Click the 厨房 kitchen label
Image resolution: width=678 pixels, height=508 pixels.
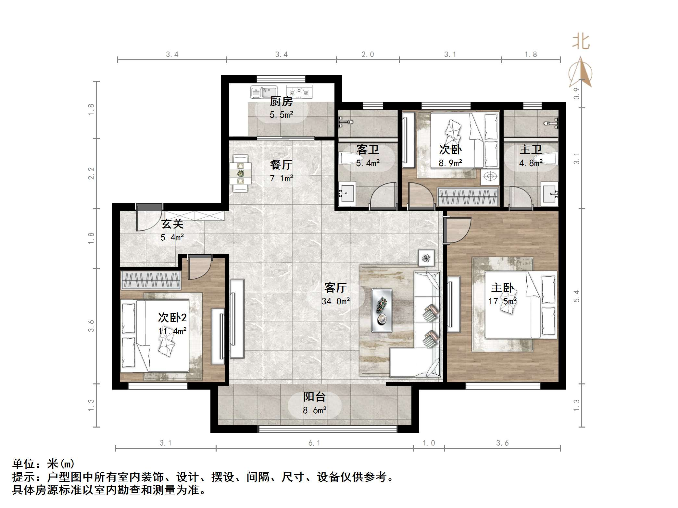click(281, 102)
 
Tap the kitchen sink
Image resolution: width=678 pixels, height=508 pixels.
click(264, 92)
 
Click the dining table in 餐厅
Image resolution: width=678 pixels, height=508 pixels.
click(240, 174)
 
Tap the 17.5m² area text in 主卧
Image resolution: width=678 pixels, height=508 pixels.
click(502, 301)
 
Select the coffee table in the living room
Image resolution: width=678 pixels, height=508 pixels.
click(382, 310)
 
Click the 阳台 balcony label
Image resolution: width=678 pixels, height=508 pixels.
click(314, 397)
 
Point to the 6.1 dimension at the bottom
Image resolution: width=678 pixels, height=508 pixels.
click(314, 443)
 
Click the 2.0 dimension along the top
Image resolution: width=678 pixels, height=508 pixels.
click(368, 54)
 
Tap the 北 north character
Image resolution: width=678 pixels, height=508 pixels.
click(581, 42)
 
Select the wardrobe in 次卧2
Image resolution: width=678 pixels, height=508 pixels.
click(151, 280)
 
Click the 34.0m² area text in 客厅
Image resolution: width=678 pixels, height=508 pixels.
click(336, 301)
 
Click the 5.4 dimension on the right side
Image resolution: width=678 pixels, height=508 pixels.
click(576, 296)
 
